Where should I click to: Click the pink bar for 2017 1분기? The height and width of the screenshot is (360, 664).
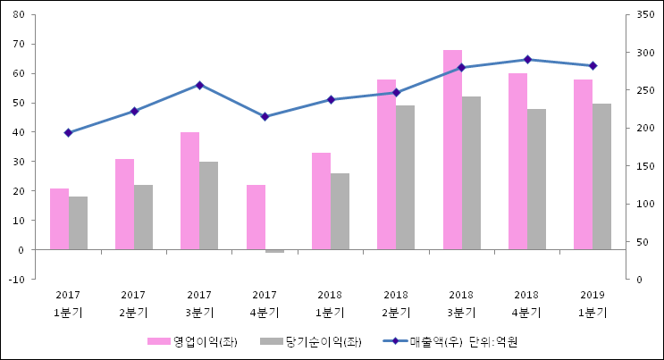tap(59, 219)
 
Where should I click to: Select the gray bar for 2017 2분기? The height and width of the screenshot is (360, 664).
tap(143, 217)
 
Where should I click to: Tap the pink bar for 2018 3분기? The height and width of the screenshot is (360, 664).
tap(452, 149)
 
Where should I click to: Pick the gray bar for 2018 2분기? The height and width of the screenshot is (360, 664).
tap(406, 178)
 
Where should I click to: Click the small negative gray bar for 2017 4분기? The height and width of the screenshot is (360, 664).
tap(274, 251)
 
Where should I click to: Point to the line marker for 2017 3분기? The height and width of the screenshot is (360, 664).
tap(199, 85)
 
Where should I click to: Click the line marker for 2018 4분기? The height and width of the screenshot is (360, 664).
tap(527, 60)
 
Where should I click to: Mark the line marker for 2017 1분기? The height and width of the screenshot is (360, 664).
tap(68, 132)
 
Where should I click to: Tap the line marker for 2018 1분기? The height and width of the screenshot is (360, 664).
tap(331, 99)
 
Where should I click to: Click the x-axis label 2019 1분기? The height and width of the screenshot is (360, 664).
tap(593, 304)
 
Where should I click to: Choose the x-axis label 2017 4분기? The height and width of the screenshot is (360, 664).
tap(265, 304)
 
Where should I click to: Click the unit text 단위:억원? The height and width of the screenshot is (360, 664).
tap(494, 342)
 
